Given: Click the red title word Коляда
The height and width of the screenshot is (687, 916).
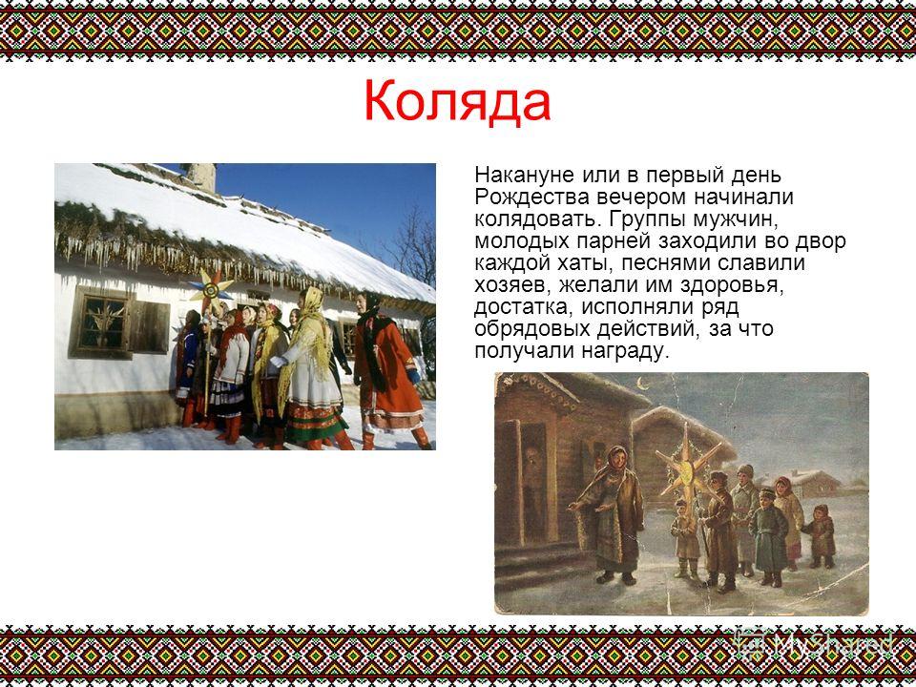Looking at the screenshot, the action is pos(457,101).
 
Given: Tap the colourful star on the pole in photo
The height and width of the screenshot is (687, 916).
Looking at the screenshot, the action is pos(211,287).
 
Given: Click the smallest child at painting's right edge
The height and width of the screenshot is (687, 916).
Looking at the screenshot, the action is pos(821,536).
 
